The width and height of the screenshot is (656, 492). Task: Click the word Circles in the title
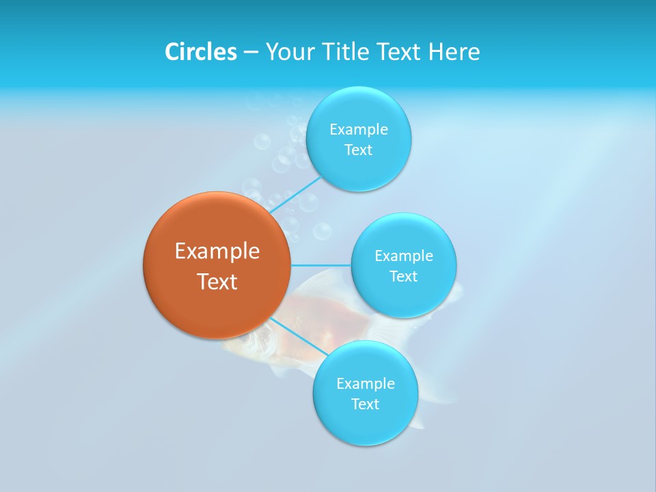[x=200, y=52]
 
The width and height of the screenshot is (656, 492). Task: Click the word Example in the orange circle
[x=217, y=251]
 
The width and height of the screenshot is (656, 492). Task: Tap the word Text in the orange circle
[x=217, y=282]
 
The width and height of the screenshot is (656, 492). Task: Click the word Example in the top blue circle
[x=358, y=129]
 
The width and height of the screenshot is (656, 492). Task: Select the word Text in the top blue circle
[x=358, y=150]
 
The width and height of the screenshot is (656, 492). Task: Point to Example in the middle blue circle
[x=403, y=256]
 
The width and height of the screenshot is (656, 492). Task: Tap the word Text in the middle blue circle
[x=403, y=276]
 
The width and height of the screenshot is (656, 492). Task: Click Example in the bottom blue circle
[x=365, y=383]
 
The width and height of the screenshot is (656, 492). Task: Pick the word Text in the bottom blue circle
[x=365, y=404]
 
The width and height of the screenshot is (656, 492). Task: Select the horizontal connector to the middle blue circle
[x=320, y=264]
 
